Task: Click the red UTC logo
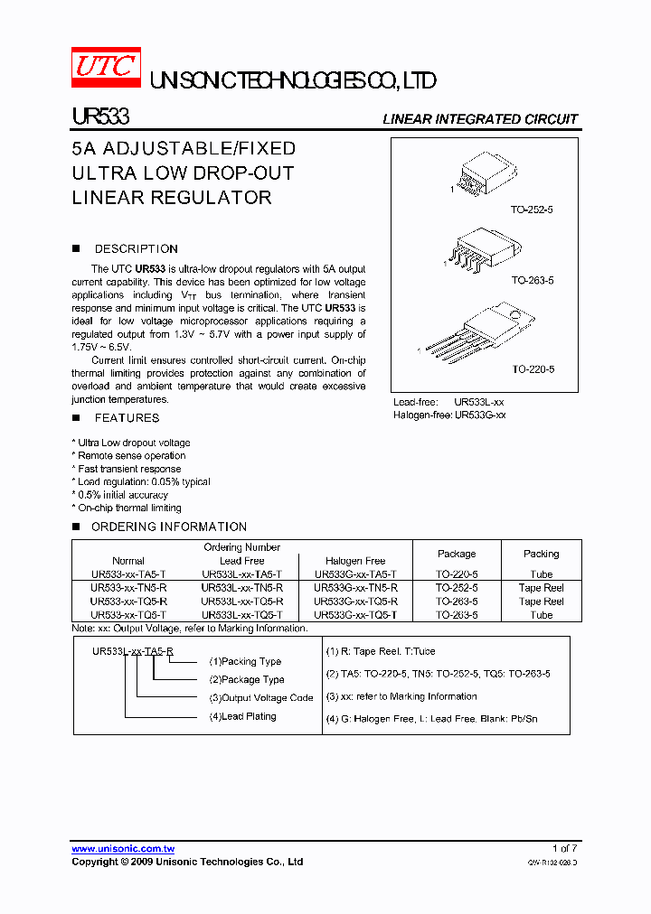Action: [106, 68]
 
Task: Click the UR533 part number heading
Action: [100, 117]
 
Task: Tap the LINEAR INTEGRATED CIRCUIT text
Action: [480, 119]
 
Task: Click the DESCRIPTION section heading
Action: [136, 248]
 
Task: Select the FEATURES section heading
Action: [127, 418]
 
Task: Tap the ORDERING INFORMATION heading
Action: [169, 527]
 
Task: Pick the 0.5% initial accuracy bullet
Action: [122, 495]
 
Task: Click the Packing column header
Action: [541, 554]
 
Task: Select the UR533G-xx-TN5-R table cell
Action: [355, 588]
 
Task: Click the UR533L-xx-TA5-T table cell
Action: [241, 574]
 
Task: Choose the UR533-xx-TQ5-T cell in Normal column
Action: [128, 615]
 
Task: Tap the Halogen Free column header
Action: [355, 561]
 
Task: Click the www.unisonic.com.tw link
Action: [123, 849]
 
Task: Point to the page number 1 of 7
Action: [564, 848]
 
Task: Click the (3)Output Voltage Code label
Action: [261, 698]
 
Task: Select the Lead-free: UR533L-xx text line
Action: [448, 402]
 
